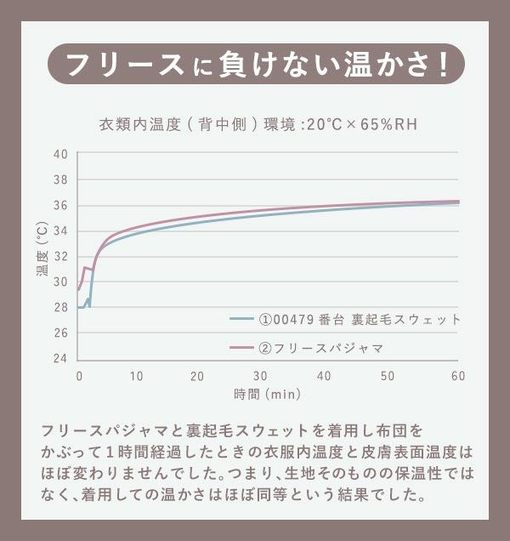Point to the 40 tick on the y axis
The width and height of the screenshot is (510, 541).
(x=59, y=154)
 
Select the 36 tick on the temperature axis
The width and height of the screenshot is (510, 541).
(x=59, y=205)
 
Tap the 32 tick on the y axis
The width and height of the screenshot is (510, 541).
(x=59, y=256)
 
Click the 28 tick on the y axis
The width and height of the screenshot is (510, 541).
(x=59, y=307)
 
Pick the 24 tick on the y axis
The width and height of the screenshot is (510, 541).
(x=59, y=358)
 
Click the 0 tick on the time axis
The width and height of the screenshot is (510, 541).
(x=79, y=375)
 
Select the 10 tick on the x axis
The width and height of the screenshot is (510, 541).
(x=137, y=375)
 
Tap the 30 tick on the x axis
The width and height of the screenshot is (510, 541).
(x=261, y=375)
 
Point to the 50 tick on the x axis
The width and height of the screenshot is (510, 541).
(x=388, y=375)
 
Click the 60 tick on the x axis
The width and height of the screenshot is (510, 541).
(x=457, y=375)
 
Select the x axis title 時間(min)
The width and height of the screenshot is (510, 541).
(x=267, y=394)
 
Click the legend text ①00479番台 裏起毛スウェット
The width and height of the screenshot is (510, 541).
(x=359, y=320)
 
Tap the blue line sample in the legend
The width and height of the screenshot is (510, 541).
(x=241, y=320)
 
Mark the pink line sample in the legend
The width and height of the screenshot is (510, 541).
(x=241, y=348)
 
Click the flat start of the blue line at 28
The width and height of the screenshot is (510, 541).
(x=82, y=307)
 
